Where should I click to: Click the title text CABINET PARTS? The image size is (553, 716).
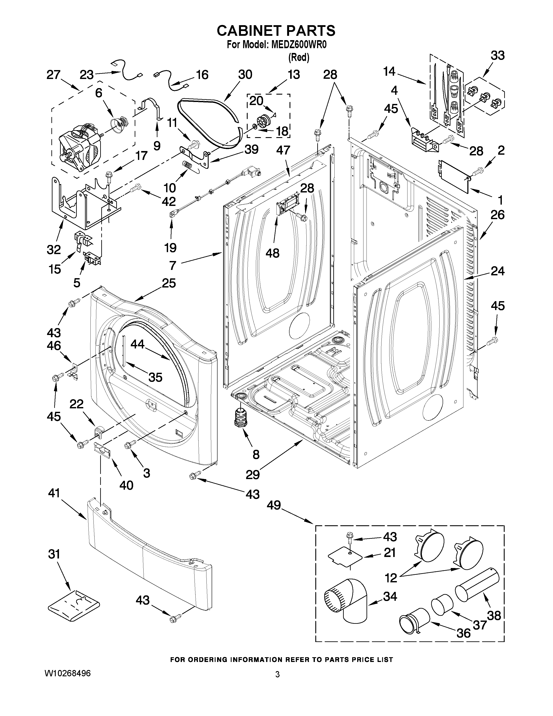click(276, 31)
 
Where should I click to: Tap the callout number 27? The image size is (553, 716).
click(53, 75)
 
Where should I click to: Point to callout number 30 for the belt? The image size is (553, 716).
click(245, 75)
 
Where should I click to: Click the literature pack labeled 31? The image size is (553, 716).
click(73, 605)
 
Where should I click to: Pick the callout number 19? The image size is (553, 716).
click(170, 248)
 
